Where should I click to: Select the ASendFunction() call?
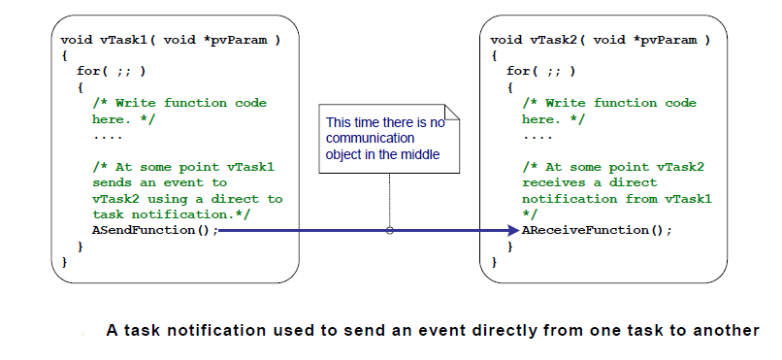(x=153, y=230)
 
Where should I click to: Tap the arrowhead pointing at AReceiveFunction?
(x=513, y=230)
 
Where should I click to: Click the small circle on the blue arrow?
(x=389, y=231)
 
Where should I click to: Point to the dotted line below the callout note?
(x=389, y=199)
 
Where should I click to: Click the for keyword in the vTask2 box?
(x=518, y=71)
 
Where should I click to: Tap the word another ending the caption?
(x=726, y=331)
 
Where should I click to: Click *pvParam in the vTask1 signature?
(x=244, y=40)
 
